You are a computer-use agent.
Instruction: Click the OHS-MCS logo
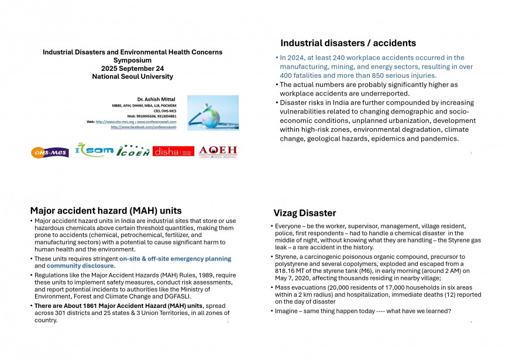50,153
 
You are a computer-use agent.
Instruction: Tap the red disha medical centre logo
173,151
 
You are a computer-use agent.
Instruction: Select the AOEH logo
218,151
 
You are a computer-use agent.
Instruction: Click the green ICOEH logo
133,151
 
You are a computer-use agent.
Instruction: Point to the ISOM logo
94,151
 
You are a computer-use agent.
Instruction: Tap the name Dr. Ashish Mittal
156,100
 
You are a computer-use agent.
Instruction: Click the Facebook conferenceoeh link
143,126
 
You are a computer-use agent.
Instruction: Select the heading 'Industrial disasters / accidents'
348,43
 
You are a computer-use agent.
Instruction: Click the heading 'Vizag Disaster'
304,213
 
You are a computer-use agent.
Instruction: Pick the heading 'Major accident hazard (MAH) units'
106,211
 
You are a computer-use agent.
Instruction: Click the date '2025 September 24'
132,68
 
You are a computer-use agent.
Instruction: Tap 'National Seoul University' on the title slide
132,77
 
